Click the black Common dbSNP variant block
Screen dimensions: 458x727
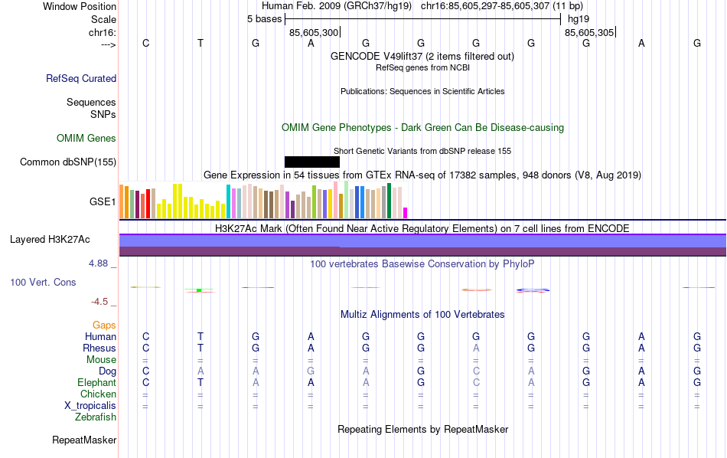311,162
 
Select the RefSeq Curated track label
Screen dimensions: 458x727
81,78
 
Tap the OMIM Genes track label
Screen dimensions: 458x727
86,139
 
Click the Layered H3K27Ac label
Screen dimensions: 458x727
50,240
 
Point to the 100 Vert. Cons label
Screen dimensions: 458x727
43,283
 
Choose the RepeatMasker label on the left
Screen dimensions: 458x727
84,440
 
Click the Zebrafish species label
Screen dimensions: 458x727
96,417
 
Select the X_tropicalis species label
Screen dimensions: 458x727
89,406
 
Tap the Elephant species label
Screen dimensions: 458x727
96,383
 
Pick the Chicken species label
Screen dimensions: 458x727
98,394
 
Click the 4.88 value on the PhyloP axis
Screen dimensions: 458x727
101,263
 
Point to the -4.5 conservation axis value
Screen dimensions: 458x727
103,302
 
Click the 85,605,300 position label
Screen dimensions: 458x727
313,33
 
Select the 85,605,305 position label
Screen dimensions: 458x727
588,33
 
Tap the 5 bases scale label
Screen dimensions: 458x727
264,19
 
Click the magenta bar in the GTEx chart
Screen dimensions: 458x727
406,213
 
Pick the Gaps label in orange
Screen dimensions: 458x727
104,326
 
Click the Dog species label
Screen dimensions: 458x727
107,371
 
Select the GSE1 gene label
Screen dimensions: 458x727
103,202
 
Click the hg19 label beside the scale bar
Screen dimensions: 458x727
579,19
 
